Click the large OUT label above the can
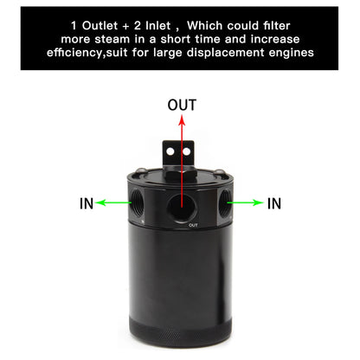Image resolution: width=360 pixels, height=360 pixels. click(x=180, y=106)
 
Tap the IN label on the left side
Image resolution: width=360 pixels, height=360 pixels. click(x=86, y=204)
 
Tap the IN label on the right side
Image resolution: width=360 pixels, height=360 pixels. click(x=274, y=204)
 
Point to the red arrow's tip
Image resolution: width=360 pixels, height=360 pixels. click(x=180, y=120)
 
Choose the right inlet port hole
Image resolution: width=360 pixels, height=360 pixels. click(x=224, y=204)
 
